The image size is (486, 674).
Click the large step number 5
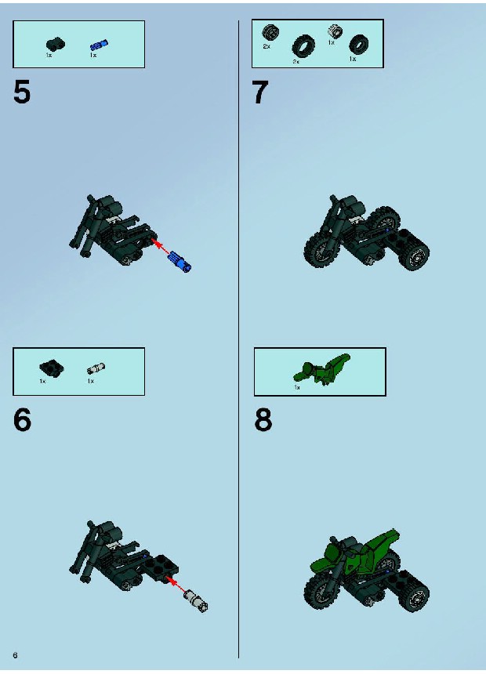tap(22, 92)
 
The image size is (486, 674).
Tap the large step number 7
tap(259, 92)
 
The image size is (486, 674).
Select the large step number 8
tap(263, 420)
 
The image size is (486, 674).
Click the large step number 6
tap(23, 420)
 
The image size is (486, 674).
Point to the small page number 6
tap(16, 655)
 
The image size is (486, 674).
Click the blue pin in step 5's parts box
tap(99, 45)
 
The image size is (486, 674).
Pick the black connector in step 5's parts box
tap(56, 44)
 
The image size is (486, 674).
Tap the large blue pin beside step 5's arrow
tap(180, 261)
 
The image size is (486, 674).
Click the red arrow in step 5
tap(161, 248)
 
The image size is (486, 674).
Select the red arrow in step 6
tap(176, 585)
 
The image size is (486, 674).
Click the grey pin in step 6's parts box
tap(96, 368)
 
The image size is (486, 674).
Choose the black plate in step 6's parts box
tap(52, 368)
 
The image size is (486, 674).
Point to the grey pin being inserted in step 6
tap(196, 600)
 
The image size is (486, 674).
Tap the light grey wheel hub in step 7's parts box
tap(335, 31)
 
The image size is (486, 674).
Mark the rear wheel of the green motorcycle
tap(415, 596)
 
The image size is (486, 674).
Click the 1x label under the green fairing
tap(297, 387)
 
